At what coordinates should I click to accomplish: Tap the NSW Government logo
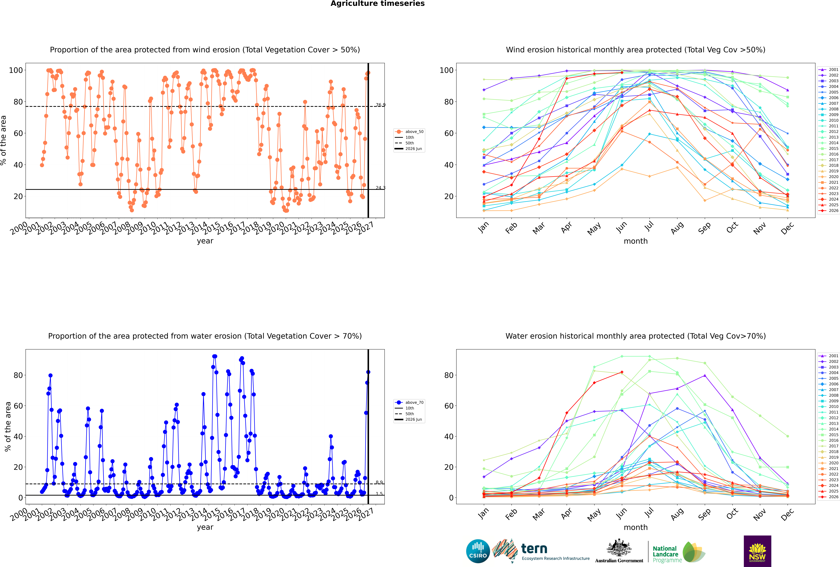pos(757,551)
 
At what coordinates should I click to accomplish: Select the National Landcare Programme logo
pos(679,552)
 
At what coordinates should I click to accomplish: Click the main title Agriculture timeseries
pos(377,4)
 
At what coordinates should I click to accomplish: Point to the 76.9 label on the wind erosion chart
pos(380,105)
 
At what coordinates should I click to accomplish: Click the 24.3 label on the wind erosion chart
pos(380,188)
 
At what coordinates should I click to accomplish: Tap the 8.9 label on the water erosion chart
pos(379,482)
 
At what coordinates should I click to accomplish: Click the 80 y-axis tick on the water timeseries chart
pos(18,375)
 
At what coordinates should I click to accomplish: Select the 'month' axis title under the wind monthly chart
pos(636,241)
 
